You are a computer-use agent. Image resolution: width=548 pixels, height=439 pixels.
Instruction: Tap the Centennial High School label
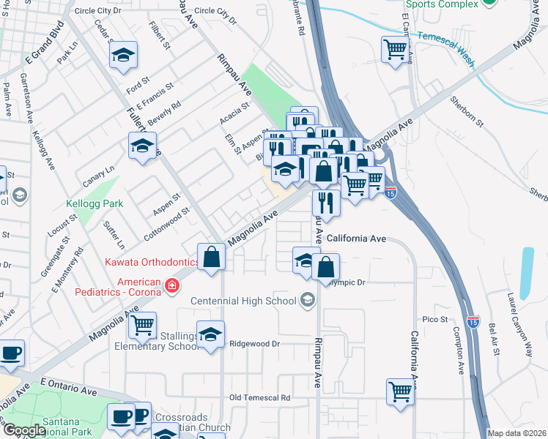point(243,301)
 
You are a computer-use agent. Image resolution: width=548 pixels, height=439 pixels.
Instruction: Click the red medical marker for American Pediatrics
point(171,285)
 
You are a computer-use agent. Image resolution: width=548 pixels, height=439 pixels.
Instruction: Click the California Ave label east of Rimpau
point(356,239)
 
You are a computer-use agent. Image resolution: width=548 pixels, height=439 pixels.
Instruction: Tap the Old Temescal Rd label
point(259,398)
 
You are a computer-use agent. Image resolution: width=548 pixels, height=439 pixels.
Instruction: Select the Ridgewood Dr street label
point(255,344)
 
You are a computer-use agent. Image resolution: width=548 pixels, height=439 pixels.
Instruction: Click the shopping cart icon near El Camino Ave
point(395,50)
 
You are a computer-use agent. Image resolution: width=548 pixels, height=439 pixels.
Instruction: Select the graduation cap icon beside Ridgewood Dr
point(211,334)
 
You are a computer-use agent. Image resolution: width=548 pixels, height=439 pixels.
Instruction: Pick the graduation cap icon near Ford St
point(124,54)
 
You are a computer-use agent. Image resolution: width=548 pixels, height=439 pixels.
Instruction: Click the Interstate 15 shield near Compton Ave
point(473,321)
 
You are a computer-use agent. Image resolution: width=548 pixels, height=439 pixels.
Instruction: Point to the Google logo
point(23,430)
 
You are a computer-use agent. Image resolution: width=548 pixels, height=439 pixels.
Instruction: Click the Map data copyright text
point(517,433)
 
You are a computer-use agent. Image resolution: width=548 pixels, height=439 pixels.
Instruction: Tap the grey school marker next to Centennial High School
point(307,299)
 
